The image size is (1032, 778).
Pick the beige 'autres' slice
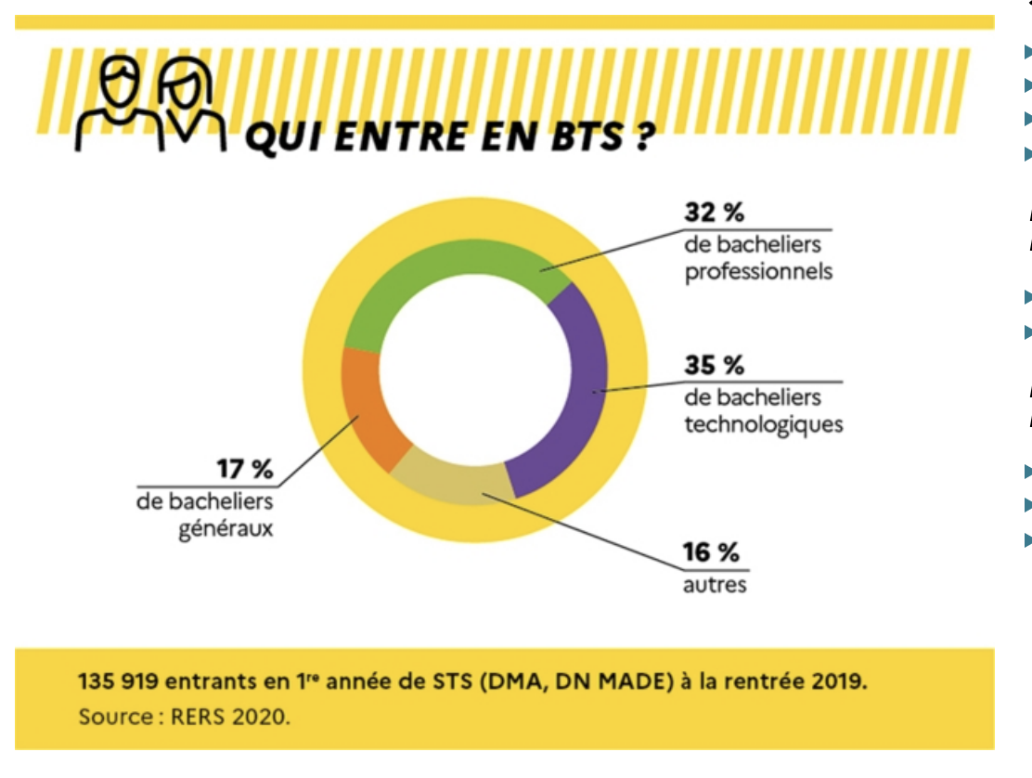click(x=455, y=483)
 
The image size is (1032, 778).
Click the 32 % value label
click(x=715, y=213)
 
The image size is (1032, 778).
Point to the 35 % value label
click(x=715, y=366)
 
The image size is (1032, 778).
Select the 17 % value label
click(x=245, y=470)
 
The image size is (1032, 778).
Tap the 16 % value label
click(x=711, y=553)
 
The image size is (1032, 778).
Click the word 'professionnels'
click(x=758, y=273)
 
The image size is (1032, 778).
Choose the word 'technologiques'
click(x=764, y=425)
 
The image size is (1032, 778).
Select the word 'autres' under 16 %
click(x=715, y=586)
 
